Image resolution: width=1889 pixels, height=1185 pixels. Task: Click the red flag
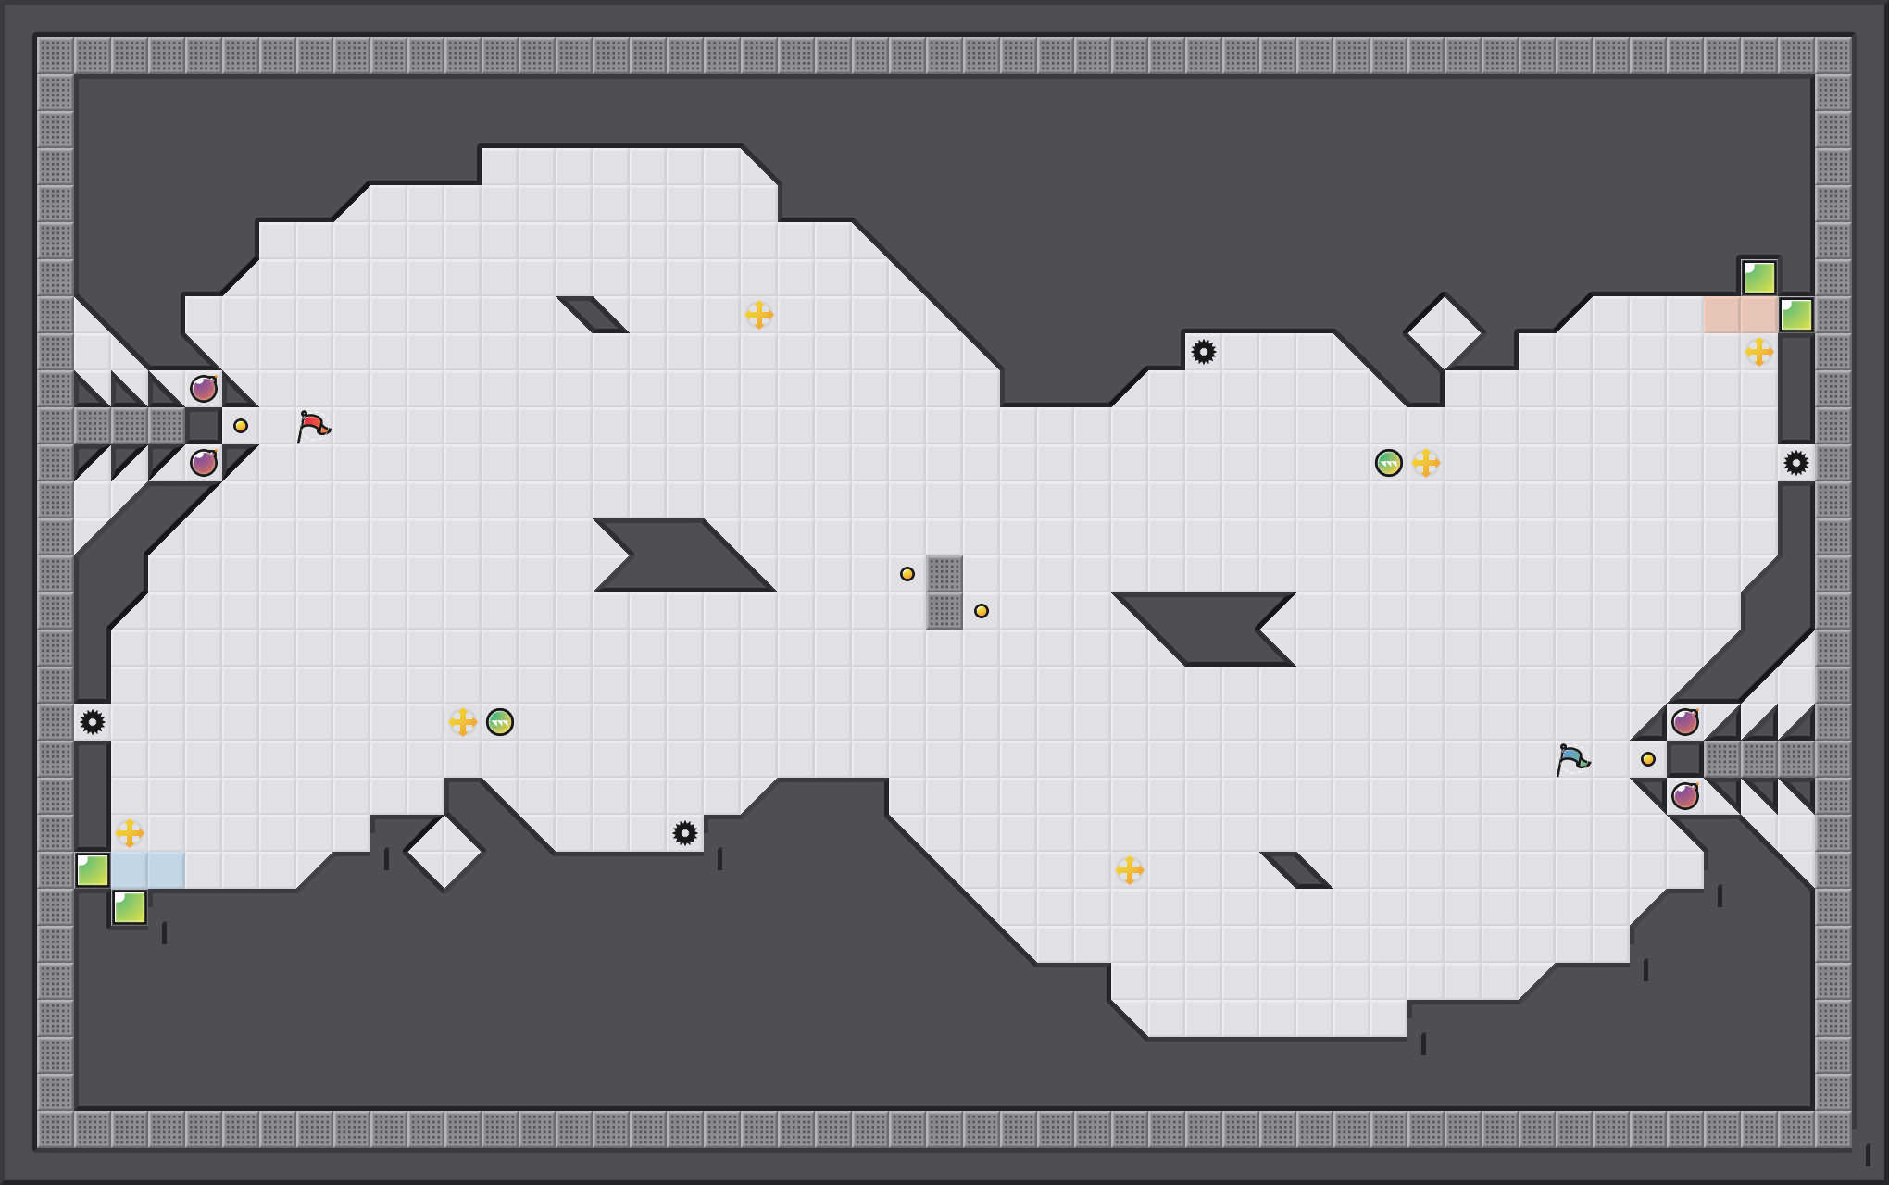[x=313, y=426]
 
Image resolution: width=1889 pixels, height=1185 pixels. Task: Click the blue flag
[x=1572, y=759]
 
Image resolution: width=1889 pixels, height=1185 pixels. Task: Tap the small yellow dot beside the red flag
[x=241, y=426]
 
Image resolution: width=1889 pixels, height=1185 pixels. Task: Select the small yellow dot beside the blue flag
[x=1648, y=759]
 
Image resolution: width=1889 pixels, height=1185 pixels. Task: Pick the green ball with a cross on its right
[x=1389, y=463]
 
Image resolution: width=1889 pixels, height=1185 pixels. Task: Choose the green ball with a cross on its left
[x=500, y=722]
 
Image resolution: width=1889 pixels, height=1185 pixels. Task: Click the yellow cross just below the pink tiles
[x=1759, y=352]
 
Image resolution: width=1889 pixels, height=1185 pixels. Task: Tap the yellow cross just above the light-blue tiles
[x=130, y=833]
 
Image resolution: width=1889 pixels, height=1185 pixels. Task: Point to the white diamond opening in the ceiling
[x=1445, y=331]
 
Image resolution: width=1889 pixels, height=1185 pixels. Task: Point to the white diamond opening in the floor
[x=444, y=852]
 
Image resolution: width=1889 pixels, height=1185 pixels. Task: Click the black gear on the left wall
[x=93, y=722]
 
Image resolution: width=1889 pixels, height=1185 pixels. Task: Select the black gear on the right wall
[x=1796, y=463]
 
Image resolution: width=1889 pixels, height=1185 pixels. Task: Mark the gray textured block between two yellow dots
[x=944, y=592]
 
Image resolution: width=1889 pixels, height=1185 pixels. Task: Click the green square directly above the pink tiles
[x=1759, y=278]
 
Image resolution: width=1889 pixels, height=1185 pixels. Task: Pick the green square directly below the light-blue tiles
[x=130, y=907]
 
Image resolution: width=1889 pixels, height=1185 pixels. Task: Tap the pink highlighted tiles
[x=1741, y=315]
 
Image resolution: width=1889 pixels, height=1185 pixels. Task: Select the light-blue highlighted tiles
[x=148, y=870]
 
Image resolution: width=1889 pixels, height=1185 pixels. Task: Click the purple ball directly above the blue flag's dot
[x=1685, y=722]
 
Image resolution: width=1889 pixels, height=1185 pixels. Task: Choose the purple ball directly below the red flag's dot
[x=204, y=463]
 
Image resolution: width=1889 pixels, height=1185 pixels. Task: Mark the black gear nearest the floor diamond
[x=685, y=833]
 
